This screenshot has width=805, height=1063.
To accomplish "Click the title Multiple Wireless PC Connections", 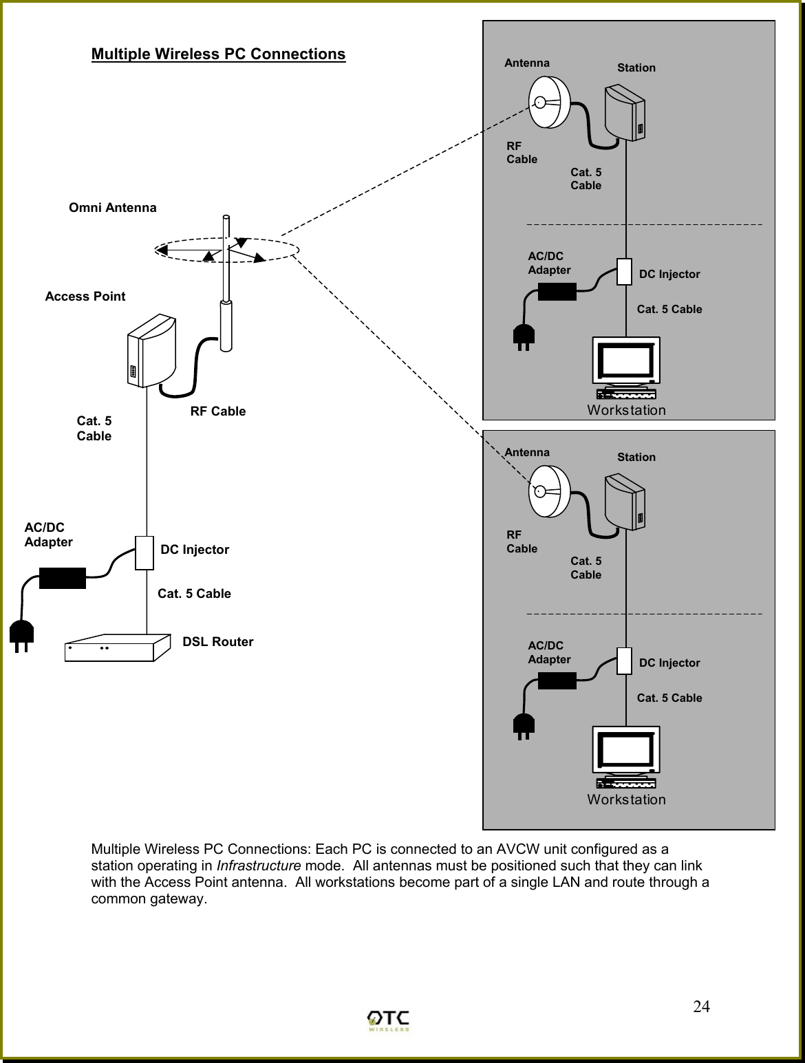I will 218,54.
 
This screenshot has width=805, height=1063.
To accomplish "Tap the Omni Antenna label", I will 112,207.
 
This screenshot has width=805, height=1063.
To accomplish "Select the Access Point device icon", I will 151,351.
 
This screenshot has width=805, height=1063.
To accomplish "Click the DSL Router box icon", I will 117,647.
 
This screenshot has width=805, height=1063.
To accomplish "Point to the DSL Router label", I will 217,641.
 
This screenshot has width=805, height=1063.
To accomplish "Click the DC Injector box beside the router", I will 144,552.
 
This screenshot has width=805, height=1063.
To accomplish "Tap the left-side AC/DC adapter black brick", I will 63,578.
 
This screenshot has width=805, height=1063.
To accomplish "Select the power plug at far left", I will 21,636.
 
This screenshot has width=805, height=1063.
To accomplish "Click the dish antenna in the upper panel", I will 549,102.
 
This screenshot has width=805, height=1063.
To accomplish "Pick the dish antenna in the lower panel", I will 549,491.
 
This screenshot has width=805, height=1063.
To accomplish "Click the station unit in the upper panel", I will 625,114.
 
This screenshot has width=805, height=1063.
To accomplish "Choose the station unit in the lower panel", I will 625,502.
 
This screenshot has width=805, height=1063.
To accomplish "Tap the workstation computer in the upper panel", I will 626,368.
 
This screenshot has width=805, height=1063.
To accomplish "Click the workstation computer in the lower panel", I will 626,757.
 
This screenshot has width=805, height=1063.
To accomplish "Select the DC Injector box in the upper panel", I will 624,271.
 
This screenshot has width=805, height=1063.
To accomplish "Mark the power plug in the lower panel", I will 524,727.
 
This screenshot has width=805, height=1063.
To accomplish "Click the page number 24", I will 701,1007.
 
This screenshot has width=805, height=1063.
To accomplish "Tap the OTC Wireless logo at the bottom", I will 389,1020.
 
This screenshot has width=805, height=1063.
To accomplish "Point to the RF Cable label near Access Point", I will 217,411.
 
